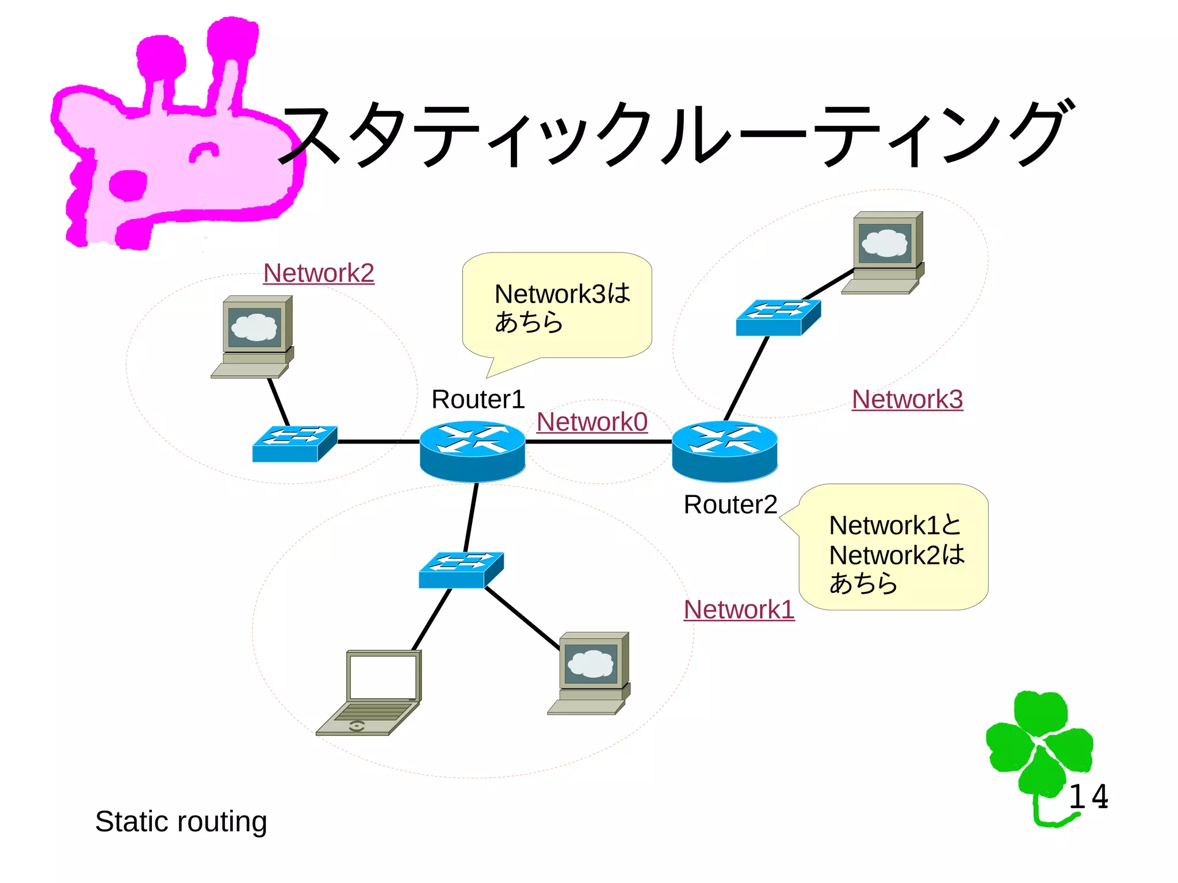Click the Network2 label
(x=319, y=273)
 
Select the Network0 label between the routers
(x=592, y=422)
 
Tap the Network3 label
(x=907, y=400)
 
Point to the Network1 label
(x=739, y=610)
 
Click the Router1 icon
(x=472, y=451)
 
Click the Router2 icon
(x=725, y=451)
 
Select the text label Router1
(x=478, y=400)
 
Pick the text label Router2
(x=730, y=505)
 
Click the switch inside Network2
(x=294, y=444)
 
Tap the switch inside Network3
(x=778, y=318)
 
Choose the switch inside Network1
(x=461, y=570)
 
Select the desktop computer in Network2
(x=254, y=337)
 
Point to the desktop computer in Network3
(x=884, y=253)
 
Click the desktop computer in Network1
(x=590, y=673)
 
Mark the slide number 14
(x=1088, y=797)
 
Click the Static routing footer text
(x=181, y=821)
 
